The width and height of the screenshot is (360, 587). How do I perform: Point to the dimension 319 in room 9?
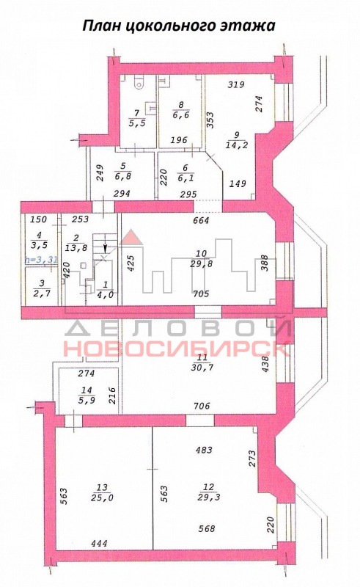point(236,84)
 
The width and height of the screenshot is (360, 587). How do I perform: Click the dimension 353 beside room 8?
point(210,120)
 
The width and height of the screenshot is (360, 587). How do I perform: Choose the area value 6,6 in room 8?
point(182,114)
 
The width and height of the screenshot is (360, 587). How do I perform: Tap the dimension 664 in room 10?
point(201,221)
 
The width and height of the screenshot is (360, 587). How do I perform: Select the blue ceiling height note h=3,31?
point(41,260)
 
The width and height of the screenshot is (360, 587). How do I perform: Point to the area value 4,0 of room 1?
point(105,294)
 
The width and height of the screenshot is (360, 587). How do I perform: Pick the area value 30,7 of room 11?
point(202,368)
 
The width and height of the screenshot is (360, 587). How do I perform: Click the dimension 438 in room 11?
point(265,363)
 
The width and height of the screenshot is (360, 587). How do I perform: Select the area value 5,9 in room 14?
point(87,400)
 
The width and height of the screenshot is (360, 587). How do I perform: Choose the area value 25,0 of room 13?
point(102,497)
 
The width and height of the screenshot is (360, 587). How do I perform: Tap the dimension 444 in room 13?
point(99,543)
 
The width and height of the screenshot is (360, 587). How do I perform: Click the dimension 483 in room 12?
point(204,450)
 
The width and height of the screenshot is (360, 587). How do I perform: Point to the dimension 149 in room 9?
point(238,183)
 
